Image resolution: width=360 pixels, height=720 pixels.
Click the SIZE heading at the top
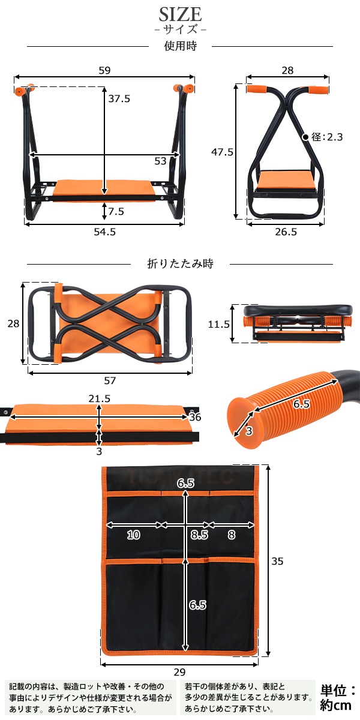[181, 14]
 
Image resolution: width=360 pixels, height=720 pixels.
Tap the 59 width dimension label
[104, 70]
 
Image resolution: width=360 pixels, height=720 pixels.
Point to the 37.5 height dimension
[119, 98]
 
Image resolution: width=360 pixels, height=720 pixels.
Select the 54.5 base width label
[105, 232]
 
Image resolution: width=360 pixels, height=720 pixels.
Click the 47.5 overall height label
[222, 152]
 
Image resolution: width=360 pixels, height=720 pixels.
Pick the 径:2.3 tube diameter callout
[327, 137]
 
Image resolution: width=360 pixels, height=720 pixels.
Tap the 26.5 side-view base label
[286, 232]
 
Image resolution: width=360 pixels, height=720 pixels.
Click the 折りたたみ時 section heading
[181, 263]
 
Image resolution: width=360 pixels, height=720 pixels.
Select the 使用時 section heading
[181, 46]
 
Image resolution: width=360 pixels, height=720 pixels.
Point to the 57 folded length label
[110, 381]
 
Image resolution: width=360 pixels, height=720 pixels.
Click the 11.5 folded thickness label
[219, 324]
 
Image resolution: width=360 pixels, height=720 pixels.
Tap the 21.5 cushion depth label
[100, 398]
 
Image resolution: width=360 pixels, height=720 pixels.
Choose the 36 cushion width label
[195, 417]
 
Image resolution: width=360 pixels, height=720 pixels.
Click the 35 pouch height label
[277, 561]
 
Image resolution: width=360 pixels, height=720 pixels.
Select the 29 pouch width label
[179, 672]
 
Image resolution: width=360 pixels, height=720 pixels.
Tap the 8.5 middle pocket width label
[200, 535]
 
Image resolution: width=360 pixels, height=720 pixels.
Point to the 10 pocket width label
[133, 535]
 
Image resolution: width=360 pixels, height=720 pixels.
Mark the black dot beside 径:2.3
[305, 137]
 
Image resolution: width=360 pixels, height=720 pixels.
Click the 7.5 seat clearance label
[116, 211]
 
